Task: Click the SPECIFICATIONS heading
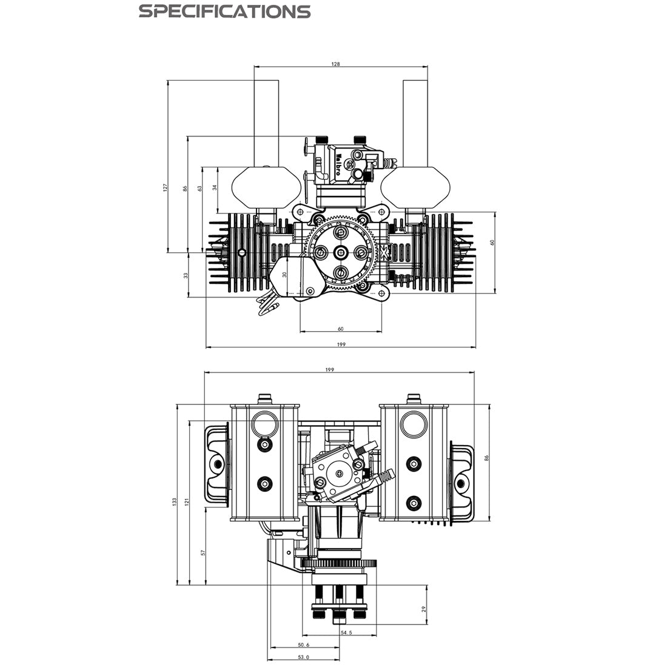[225, 11]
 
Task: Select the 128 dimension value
[336, 63]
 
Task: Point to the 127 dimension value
[165, 188]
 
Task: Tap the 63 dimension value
[200, 188]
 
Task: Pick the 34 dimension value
[215, 188]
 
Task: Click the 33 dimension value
[186, 275]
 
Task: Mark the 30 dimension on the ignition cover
[284, 274]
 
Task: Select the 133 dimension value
[174, 501]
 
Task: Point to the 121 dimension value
[188, 501]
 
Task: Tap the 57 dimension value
[203, 552]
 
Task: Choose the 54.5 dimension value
[346, 632]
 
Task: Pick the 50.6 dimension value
[304, 645]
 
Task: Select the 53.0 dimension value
[304, 657]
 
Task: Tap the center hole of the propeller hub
[341, 253]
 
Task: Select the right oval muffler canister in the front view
[415, 187]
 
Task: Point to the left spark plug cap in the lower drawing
[216, 464]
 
